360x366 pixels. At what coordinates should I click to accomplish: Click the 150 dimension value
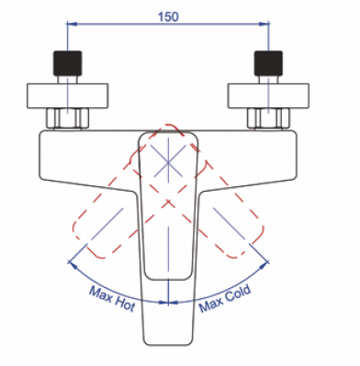click(x=168, y=17)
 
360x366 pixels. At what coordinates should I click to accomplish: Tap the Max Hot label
click(x=112, y=299)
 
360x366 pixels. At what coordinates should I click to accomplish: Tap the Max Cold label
click(x=225, y=299)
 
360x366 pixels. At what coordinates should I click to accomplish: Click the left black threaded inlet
click(x=68, y=63)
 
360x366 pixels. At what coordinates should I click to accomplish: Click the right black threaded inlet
click(x=268, y=63)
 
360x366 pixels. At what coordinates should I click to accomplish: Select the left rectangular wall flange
click(x=68, y=95)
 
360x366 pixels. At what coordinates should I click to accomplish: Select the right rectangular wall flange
click(x=268, y=95)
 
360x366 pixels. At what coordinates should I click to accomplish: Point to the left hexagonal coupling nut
click(x=68, y=118)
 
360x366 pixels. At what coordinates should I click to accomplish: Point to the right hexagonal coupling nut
click(x=268, y=118)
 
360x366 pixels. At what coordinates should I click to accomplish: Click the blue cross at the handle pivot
click(x=168, y=162)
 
